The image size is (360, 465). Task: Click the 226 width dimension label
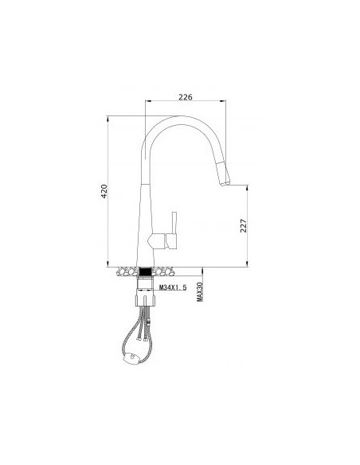[x=186, y=96]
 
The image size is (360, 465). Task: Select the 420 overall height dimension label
[x=104, y=191]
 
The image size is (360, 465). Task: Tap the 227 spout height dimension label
[x=244, y=225]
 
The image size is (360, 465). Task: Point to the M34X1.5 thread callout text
[x=173, y=287]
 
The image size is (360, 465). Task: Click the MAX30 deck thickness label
[x=200, y=291]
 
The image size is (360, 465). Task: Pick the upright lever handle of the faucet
[x=174, y=222]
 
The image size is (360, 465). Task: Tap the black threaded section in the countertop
[x=145, y=272]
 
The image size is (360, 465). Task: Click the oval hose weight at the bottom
[x=131, y=358]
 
